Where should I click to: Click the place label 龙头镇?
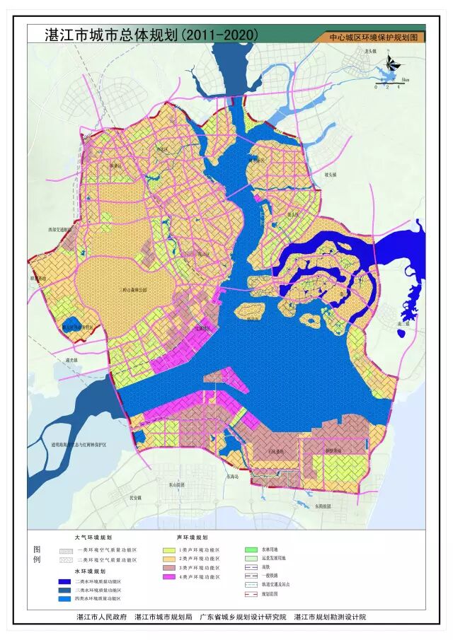coord(371,52)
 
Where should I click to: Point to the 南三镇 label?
coord(404,323)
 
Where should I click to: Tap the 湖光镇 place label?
coord(72,359)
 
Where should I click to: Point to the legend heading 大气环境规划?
coord(93,538)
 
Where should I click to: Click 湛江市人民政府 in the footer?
coord(101,617)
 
